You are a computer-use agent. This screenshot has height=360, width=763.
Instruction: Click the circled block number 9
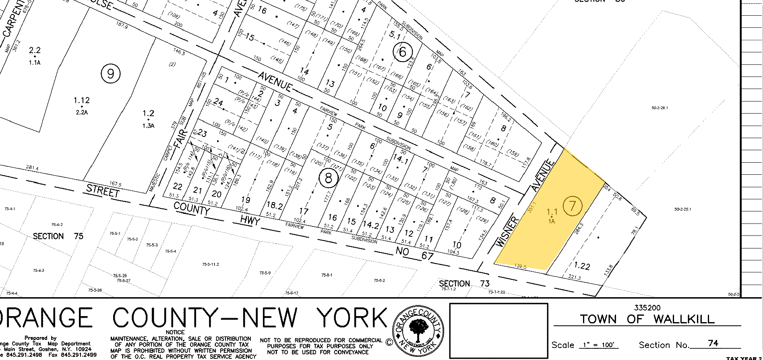[111, 74]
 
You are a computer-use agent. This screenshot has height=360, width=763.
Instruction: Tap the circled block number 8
[329, 178]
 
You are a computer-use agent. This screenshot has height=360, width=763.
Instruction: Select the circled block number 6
[402, 52]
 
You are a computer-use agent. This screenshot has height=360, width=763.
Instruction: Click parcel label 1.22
[581, 266]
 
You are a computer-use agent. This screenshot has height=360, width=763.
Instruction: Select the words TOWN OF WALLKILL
[647, 319]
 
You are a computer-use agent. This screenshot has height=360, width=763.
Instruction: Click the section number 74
[713, 343]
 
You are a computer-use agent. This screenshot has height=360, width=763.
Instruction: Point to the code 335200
[647, 308]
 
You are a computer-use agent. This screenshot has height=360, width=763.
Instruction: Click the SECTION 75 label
[58, 236]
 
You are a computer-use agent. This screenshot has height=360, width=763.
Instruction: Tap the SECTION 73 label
[464, 283]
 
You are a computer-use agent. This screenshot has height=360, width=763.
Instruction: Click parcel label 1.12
[81, 100]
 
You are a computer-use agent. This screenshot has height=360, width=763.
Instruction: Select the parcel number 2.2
[35, 50]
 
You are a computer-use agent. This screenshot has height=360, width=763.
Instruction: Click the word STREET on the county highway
[103, 190]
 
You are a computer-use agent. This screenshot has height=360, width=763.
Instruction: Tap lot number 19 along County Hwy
[246, 199]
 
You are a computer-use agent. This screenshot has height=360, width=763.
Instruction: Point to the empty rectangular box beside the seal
[498, 330]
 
